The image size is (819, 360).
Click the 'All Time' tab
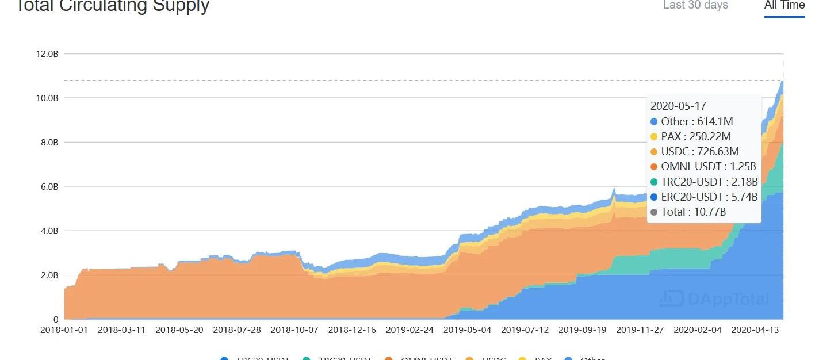click(x=784, y=5)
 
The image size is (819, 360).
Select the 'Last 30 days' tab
click(x=695, y=5)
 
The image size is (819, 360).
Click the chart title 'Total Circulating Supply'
click(x=112, y=6)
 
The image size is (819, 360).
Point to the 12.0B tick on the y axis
click(x=47, y=54)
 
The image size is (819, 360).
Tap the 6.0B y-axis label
click(x=47, y=187)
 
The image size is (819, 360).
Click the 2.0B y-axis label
click(x=47, y=275)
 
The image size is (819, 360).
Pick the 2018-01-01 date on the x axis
click(x=64, y=330)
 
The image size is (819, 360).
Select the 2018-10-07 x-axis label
click(x=294, y=330)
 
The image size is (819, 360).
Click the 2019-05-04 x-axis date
click(x=467, y=330)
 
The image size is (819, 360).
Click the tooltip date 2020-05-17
click(x=678, y=106)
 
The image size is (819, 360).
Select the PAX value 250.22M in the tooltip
click(x=711, y=136)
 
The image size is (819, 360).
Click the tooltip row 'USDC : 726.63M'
click(x=700, y=151)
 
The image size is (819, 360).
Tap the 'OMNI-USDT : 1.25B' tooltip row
click(x=708, y=166)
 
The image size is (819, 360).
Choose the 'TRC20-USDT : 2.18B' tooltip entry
click(x=709, y=182)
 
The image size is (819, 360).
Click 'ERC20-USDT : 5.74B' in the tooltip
click(x=709, y=197)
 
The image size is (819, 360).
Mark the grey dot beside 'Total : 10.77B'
click(x=654, y=212)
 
